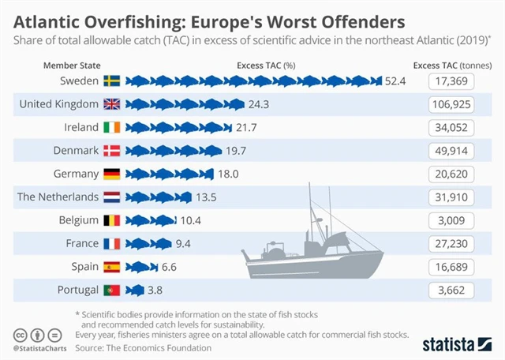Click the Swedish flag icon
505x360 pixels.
111,81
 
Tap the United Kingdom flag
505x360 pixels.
111,104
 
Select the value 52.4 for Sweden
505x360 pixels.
395,81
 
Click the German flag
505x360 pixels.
111,174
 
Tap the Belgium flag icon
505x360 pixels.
111,220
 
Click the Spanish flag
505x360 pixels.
111,267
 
